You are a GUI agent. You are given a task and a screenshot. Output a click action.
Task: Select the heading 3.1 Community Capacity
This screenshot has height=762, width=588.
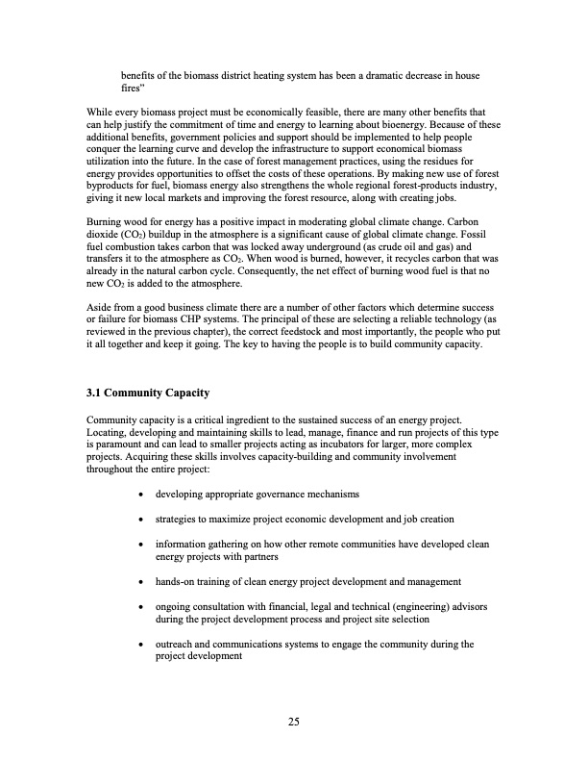coord(146,393)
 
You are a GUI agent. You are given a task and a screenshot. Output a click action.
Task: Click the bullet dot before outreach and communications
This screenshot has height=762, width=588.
coord(142,645)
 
